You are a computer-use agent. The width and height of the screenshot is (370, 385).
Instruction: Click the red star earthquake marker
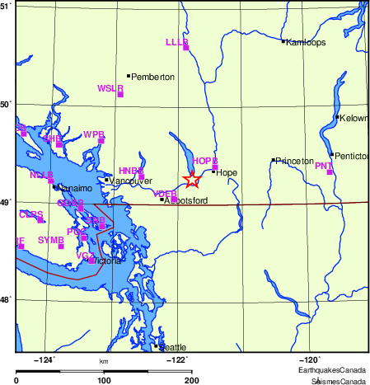(x=191, y=179)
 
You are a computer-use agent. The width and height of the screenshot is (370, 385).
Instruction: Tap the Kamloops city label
(x=306, y=42)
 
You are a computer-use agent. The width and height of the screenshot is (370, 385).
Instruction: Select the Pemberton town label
(x=153, y=77)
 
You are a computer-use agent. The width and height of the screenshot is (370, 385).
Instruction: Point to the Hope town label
(x=227, y=172)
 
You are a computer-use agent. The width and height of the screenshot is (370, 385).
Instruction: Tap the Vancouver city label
(x=126, y=181)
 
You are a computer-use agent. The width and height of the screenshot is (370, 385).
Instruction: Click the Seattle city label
(x=173, y=347)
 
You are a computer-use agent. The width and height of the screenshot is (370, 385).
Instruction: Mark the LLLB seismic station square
(x=186, y=48)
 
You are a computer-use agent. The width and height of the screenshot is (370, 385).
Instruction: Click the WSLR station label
(x=110, y=87)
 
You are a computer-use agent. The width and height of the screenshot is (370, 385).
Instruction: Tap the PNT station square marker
(x=330, y=172)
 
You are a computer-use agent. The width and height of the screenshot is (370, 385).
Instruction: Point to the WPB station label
(x=94, y=134)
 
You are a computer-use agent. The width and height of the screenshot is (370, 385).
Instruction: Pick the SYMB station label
(x=51, y=240)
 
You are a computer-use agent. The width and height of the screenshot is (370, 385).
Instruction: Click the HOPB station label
(x=204, y=161)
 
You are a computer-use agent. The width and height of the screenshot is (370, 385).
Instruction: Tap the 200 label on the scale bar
(x=192, y=380)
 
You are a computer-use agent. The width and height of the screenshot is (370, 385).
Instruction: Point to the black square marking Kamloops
(x=283, y=41)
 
